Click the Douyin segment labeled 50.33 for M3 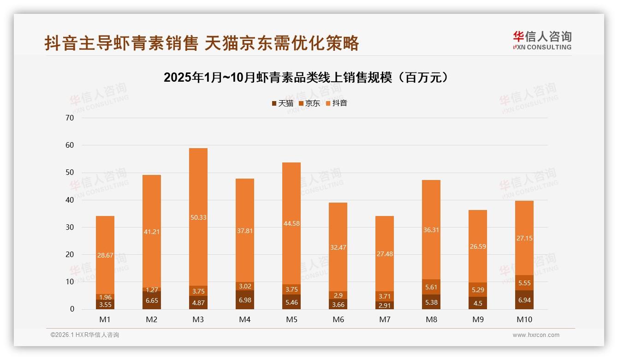(198, 217)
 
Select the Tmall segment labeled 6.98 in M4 (245, 300)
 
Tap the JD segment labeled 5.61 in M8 (431, 287)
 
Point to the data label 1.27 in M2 (152, 290)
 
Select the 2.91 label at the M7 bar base (385, 306)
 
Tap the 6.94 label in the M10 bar (524, 300)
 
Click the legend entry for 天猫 (282, 103)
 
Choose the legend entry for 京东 (309, 103)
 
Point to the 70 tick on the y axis (70, 118)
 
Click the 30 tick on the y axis (70, 227)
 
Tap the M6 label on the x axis (338, 319)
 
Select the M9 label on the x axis (478, 319)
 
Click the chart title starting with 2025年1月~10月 (306, 78)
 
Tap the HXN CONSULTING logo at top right (542, 40)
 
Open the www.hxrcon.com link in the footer (536, 335)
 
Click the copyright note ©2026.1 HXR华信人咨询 (85, 335)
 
